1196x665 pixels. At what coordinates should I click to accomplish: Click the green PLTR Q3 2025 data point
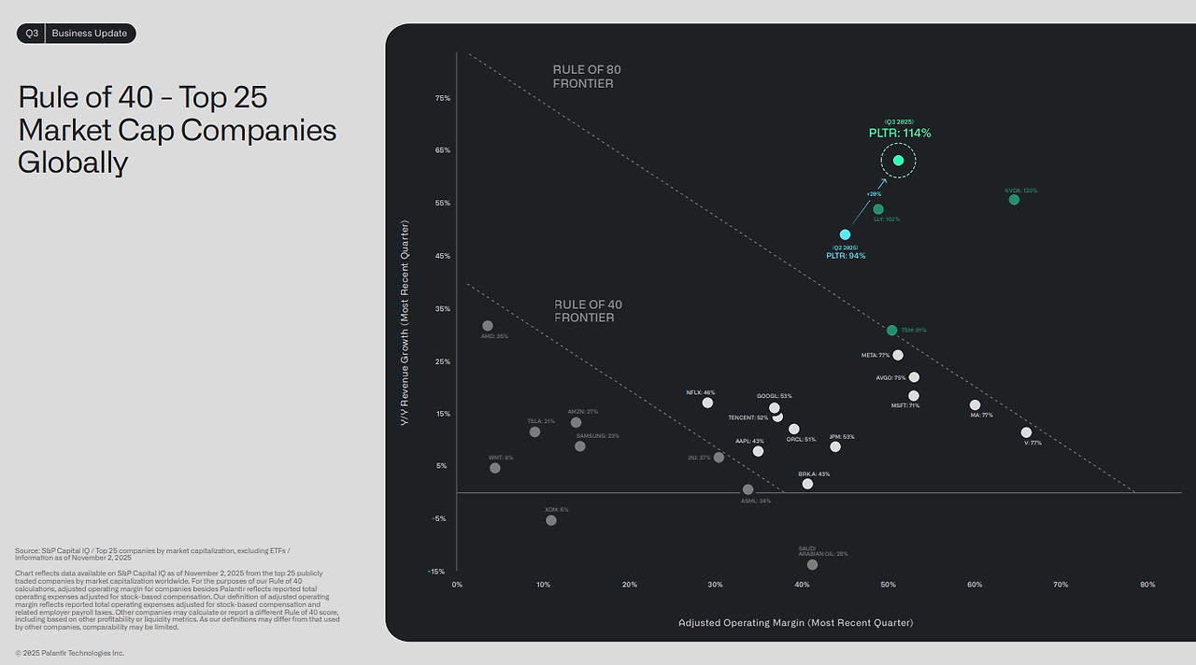point(898,161)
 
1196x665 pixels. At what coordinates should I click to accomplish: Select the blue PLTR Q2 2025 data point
point(845,234)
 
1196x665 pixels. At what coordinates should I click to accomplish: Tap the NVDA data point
point(1014,199)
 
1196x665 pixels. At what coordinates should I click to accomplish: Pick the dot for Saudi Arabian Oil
point(812,564)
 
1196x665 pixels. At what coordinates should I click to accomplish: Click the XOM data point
point(551,519)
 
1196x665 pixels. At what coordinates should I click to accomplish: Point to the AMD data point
point(487,326)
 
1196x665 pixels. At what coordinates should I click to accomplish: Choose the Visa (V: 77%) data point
point(1026,432)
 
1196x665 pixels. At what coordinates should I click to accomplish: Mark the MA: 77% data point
point(975,405)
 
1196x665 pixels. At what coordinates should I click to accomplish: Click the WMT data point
point(494,468)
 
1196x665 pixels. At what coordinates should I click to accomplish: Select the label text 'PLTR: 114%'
point(899,134)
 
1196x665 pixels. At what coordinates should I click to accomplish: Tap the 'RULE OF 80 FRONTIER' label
point(587,77)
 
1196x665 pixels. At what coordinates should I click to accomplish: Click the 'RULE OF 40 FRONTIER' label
point(588,311)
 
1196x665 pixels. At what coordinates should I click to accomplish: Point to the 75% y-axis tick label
point(441,98)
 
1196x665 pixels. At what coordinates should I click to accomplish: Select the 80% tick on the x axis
point(1146,585)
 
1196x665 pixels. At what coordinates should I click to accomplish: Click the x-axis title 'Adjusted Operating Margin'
point(795,623)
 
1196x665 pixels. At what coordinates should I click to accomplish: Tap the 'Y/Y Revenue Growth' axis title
point(405,323)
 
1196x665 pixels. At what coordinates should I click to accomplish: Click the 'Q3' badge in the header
point(32,34)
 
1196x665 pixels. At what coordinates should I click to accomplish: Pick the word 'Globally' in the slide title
point(73,163)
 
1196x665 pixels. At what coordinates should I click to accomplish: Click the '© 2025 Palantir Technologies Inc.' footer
point(69,653)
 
